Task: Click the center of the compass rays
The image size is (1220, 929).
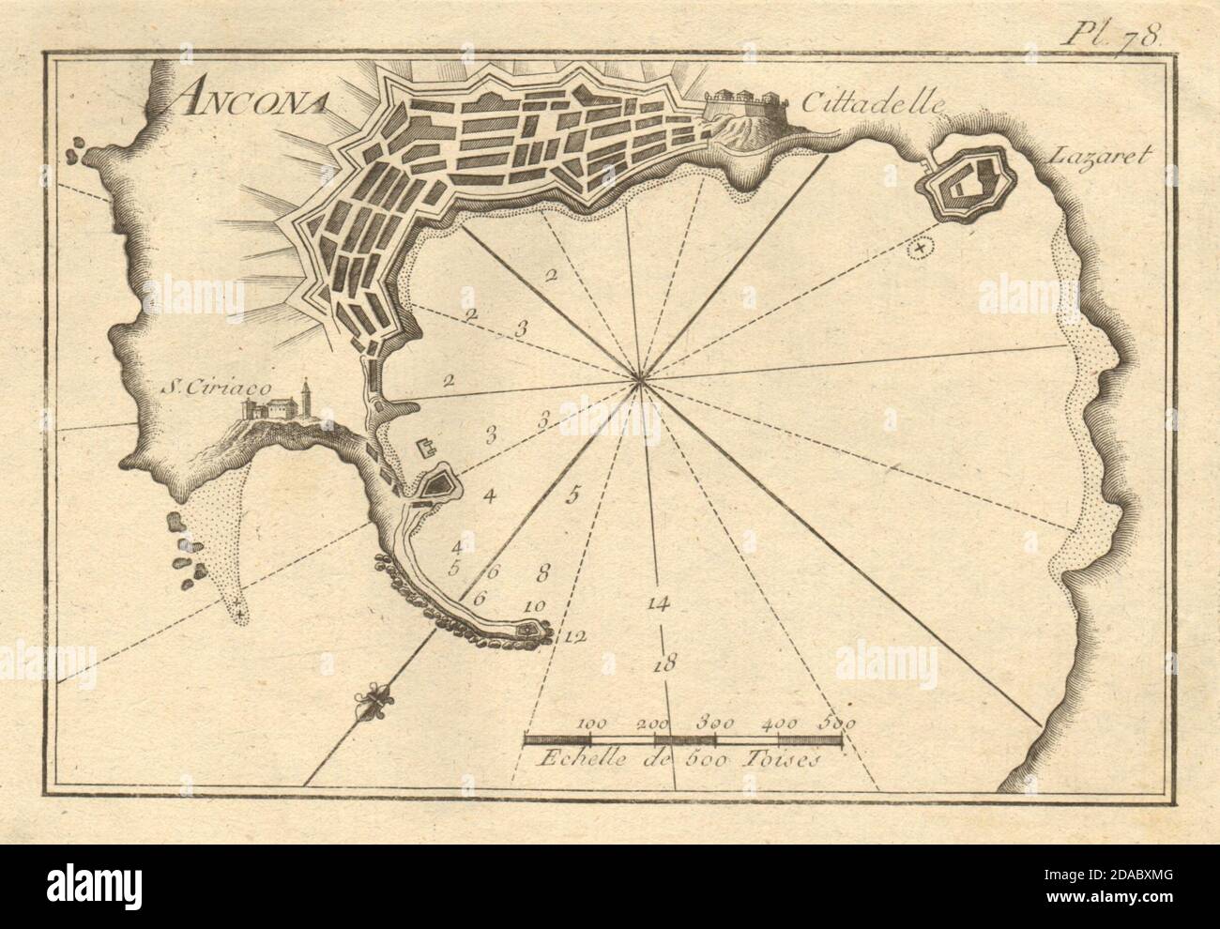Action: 640,379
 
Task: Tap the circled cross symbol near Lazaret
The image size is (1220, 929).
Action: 920,248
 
